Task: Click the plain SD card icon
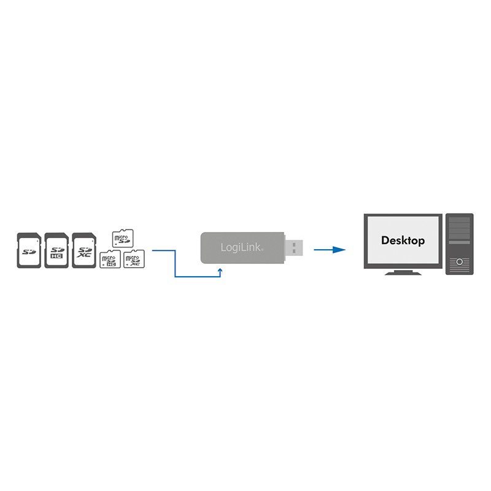coord(28,250)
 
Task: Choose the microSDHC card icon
coord(109,259)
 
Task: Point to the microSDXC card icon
coord(133,259)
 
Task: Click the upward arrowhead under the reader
coord(220,268)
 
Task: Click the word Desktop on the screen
coord(403,241)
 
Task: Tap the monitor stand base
coord(402,273)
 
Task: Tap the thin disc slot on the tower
coord(459,252)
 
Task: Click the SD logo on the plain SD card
coord(28,251)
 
